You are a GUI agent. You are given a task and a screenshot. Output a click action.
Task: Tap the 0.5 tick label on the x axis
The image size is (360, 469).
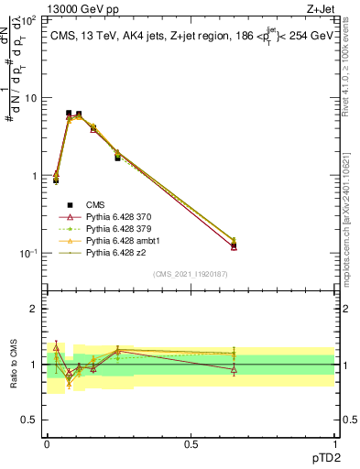tap(191, 444)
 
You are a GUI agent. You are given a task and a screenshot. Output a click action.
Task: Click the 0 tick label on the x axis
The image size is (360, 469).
tap(47, 444)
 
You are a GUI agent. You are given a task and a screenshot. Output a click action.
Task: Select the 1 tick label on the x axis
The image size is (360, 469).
tap(334, 444)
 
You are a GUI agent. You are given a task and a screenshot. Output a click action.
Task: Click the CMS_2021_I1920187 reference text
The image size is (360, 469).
tap(190, 272)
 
